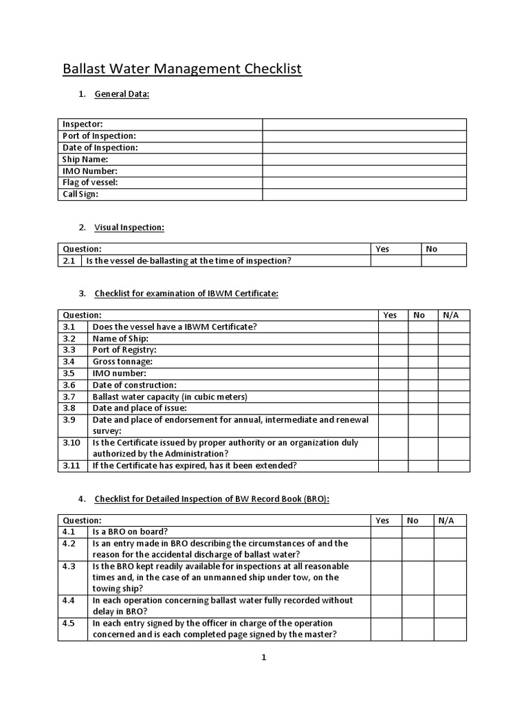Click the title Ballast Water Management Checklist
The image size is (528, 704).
(x=182, y=69)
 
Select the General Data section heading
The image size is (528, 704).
(x=122, y=94)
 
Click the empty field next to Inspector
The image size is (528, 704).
(x=364, y=124)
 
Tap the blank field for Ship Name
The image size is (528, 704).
(x=364, y=159)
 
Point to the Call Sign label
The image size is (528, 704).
(x=80, y=194)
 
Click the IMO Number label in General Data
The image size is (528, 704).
(x=90, y=170)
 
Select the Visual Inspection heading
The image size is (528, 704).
(x=129, y=228)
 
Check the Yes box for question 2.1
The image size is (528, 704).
(x=395, y=261)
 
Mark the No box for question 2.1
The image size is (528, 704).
(x=443, y=261)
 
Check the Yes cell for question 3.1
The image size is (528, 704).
(x=393, y=327)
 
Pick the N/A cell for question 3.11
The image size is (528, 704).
(x=454, y=465)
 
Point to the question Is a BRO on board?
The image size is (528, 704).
(x=130, y=531)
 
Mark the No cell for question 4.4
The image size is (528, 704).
(x=417, y=606)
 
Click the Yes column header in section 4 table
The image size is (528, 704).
(x=383, y=520)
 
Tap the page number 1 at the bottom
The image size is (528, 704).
(x=263, y=657)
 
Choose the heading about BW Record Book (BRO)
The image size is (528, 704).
(x=212, y=499)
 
